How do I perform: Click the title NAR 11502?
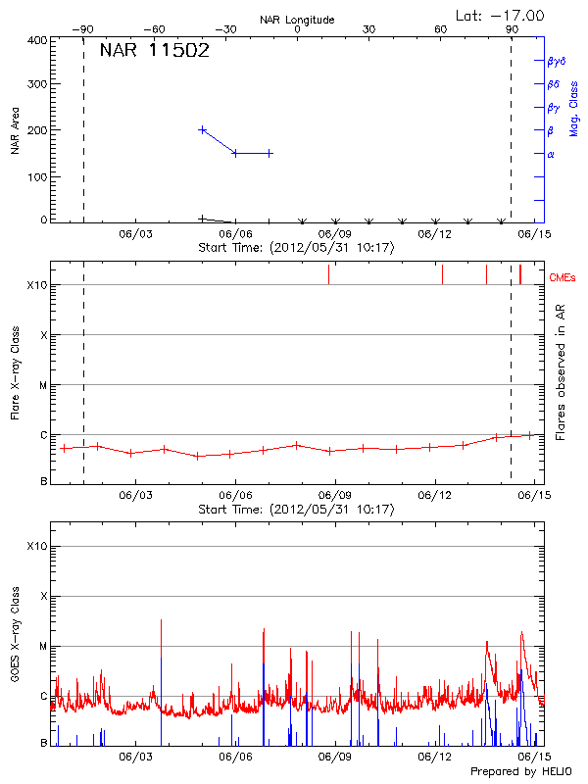click(154, 52)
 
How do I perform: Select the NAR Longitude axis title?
click(298, 19)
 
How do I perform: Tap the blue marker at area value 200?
click(203, 129)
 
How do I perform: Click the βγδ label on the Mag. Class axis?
click(556, 61)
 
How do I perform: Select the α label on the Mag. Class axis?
click(551, 154)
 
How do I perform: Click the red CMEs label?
click(563, 278)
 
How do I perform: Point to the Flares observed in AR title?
click(561, 372)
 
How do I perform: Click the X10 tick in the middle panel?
click(36, 285)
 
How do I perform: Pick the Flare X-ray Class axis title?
click(15, 372)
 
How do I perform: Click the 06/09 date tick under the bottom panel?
click(335, 757)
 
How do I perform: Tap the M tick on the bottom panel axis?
click(42, 646)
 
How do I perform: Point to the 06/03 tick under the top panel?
click(135, 234)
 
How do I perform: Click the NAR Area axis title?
click(15, 130)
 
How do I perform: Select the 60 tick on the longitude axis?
click(441, 29)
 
